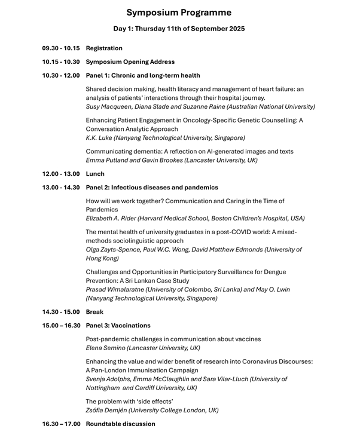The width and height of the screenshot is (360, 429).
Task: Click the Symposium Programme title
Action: point(179,13)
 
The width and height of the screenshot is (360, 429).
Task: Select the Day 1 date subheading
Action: point(179,29)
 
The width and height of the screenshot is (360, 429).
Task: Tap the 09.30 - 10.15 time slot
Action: point(60,48)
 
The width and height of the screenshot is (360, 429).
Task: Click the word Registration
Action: point(104,48)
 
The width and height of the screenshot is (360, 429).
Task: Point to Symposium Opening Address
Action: point(130,62)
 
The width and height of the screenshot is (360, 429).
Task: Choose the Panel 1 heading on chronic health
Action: point(143,76)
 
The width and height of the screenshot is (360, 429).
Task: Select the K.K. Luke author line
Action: point(165,138)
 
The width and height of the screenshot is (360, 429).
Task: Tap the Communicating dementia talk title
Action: point(190,152)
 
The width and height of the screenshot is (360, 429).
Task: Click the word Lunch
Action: point(95,174)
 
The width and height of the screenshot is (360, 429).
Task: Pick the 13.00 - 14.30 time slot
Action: point(60,188)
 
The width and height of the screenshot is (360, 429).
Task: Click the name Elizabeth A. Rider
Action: point(111,219)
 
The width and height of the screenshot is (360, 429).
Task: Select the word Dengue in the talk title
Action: point(273,272)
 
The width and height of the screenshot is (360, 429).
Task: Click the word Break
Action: point(94,312)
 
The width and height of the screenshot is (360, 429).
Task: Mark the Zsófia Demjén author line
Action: point(152,410)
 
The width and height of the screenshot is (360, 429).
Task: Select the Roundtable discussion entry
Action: point(120,424)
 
